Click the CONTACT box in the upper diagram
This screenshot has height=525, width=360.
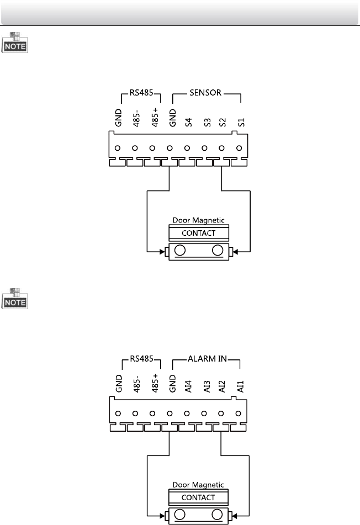coord(198,233)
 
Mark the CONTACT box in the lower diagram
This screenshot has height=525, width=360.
coord(198,497)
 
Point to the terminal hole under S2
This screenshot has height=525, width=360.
coord(222,149)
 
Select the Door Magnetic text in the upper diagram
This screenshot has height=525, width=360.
coord(198,220)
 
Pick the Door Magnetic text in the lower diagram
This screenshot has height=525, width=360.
coord(198,485)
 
